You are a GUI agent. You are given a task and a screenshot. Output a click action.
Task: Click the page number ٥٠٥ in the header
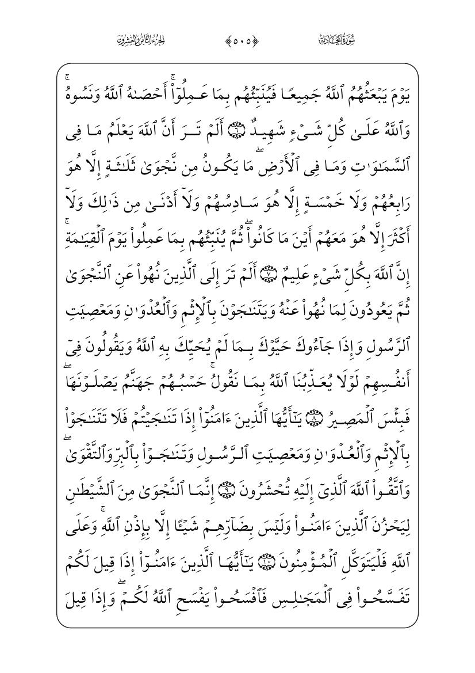click(x=237, y=41)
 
